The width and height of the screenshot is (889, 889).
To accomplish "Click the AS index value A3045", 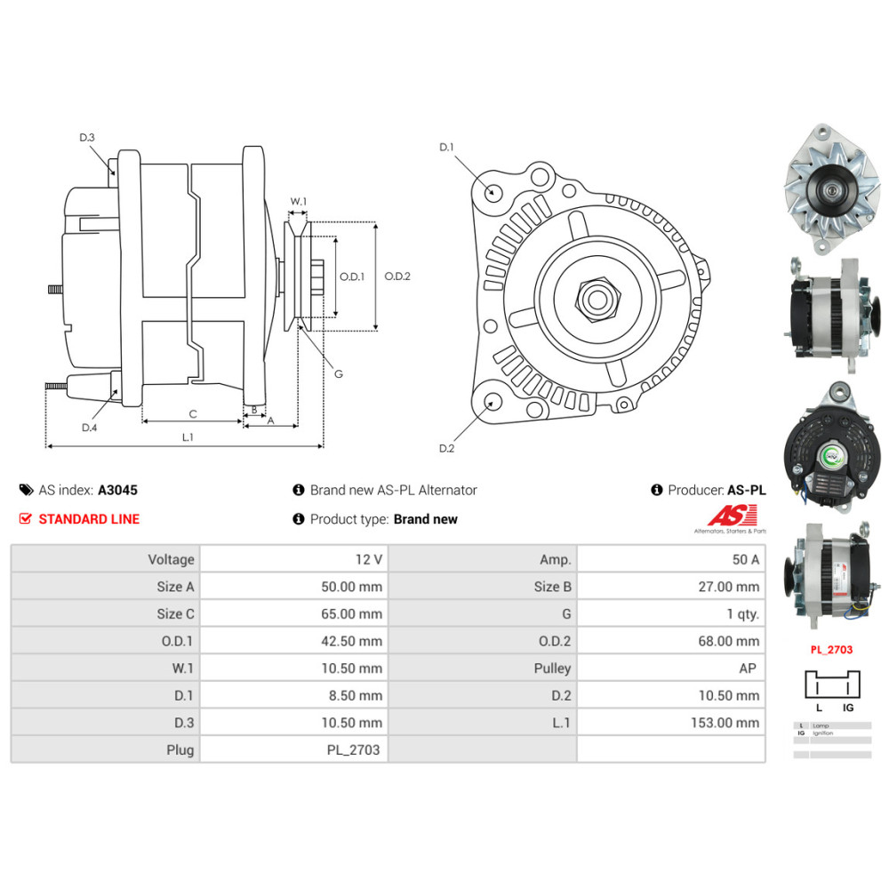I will click(117, 490).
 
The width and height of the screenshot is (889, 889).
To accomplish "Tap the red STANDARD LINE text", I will click(89, 519).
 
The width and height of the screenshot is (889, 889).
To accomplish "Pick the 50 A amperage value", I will click(744, 559).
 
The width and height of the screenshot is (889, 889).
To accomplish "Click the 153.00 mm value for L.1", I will click(725, 723).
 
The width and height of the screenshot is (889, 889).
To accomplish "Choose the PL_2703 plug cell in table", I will click(353, 749).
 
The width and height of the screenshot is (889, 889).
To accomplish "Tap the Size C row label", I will click(175, 613).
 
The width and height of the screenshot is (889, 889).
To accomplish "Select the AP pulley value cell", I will click(750, 669).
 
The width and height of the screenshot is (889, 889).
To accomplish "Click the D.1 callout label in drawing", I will click(446, 147).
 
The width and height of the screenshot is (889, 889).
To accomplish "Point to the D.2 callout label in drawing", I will click(446, 448).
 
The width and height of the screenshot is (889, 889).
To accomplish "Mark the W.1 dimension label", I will click(299, 202).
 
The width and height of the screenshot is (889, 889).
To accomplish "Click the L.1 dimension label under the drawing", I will click(188, 436).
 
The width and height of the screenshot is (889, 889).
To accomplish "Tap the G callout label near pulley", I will click(338, 374).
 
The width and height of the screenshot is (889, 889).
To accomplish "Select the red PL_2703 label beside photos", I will click(831, 650).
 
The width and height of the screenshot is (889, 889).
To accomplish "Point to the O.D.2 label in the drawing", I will click(397, 276).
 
